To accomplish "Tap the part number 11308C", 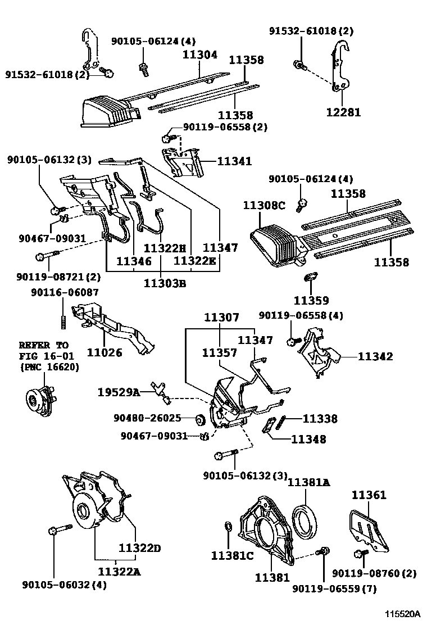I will point(264,206).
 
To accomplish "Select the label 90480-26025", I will point(147,418).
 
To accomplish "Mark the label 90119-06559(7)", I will point(335,588).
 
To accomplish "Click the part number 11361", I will point(369,495).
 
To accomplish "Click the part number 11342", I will point(375,356).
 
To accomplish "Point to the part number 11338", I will point(320,418).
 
